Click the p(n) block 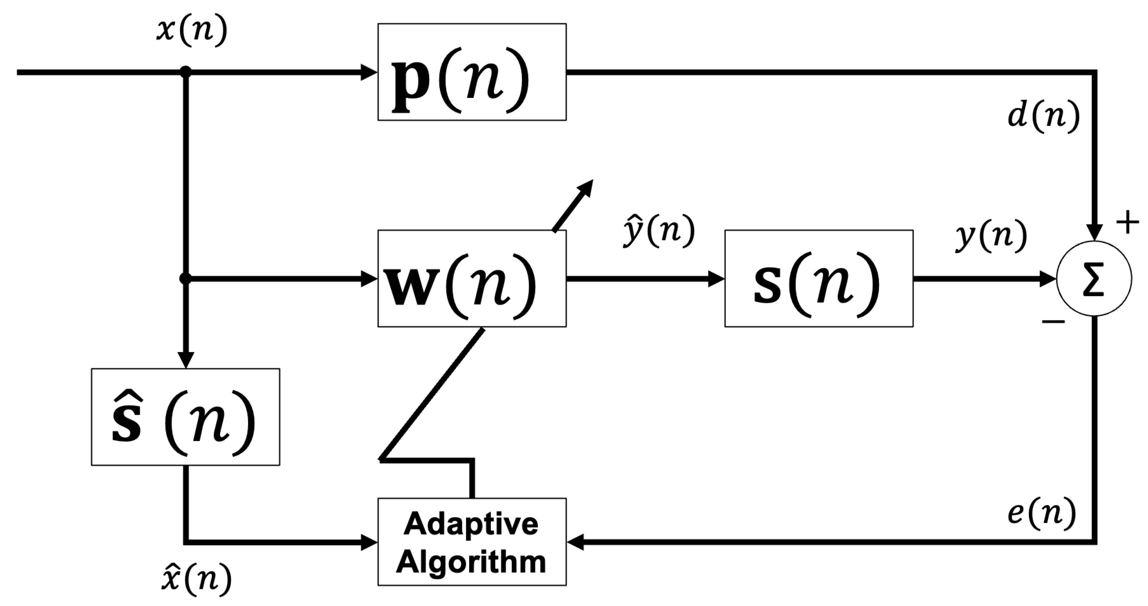click(x=472, y=72)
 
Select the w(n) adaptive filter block click(x=472, y=279)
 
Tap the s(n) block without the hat click(x=818, y=279)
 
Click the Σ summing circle click(x=1094, y=279)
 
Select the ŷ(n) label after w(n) click(x=659, y=231)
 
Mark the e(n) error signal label click(x=1042, y=513)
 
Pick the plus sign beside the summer click(x=1127, y=222)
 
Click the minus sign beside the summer click(x=1053, y=321)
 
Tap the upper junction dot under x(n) click(x=185, y=72)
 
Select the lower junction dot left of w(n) click(x=185, y=279)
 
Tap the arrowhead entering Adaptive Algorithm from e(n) click(x=575, y=543)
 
